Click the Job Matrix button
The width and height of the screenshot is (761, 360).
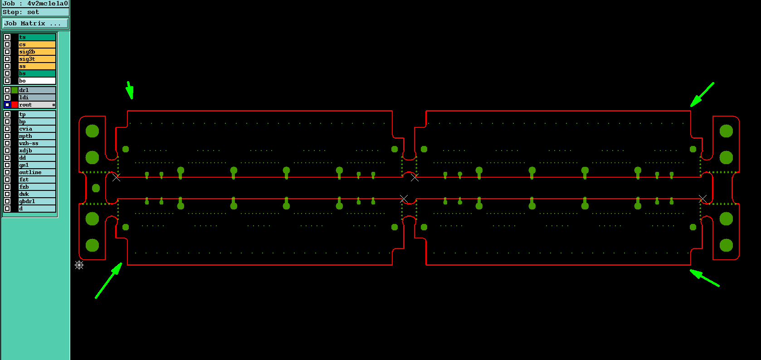click(35, 23)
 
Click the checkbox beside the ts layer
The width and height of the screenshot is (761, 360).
click(7, 37)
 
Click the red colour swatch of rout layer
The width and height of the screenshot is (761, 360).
click(15, 105)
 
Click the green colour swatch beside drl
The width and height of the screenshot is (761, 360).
click(15, 90)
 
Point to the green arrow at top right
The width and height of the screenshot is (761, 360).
click(702, 95)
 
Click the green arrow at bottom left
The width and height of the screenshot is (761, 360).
click(108, 281)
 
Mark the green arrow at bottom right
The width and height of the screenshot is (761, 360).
click(705, 278)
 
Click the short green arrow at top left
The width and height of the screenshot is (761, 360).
click(130, 90)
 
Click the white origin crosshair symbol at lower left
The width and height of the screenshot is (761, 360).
click(79, 265)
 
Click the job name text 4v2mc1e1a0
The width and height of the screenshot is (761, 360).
click(48, 4)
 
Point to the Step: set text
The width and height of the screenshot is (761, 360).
click(21, 12)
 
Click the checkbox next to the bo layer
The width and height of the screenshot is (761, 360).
click(7, 81)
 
